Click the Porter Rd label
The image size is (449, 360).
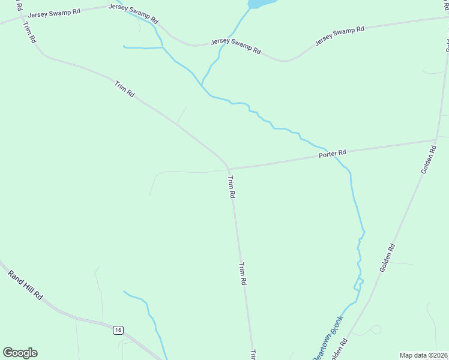tap(333, 154)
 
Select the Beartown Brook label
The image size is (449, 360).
tap(327, 338)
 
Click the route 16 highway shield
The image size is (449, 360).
tap(118, 330)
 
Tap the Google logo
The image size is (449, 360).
tap(20, 353)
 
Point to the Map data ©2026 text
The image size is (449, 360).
tap(423, 355)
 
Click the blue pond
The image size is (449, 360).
tap(262, 3)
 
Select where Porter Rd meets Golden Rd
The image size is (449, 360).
tap(436, 140)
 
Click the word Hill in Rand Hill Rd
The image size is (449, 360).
tap(27, 286)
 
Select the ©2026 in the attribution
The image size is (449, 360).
tap(436, 355)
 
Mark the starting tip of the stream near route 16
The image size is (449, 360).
tap(124, 292)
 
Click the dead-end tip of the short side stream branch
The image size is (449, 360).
tap(124, 46)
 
